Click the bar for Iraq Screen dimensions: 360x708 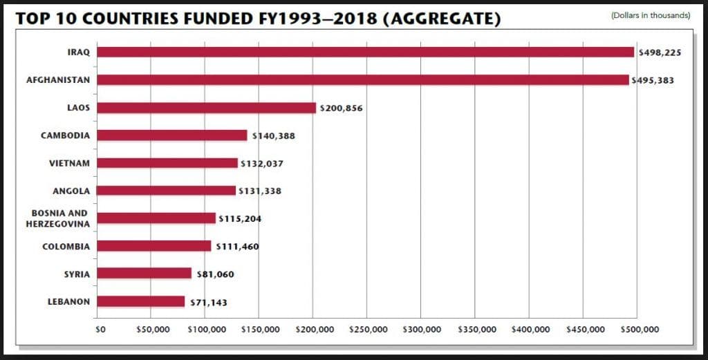[x=365, y=52]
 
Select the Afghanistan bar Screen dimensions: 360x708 [x=363, y=80]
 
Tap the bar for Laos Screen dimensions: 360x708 [x=206, y=108]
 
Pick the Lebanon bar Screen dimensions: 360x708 [x=141, y=301]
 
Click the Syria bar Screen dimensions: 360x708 [x=144, y=274]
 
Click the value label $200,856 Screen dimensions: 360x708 [x=341, y=108]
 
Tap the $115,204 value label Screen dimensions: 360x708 [x=240, y=219]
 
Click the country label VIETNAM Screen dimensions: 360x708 [x=68, y=163]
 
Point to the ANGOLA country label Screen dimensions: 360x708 [x=71, y=191]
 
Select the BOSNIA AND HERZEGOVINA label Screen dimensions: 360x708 [x=57, y=218]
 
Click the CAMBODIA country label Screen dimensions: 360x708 [x=65, y=135]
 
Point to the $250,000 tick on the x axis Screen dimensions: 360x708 [x=367, y=329]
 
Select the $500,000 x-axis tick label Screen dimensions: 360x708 [x=637, y=329]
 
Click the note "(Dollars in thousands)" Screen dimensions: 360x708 [x=651, y=15]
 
